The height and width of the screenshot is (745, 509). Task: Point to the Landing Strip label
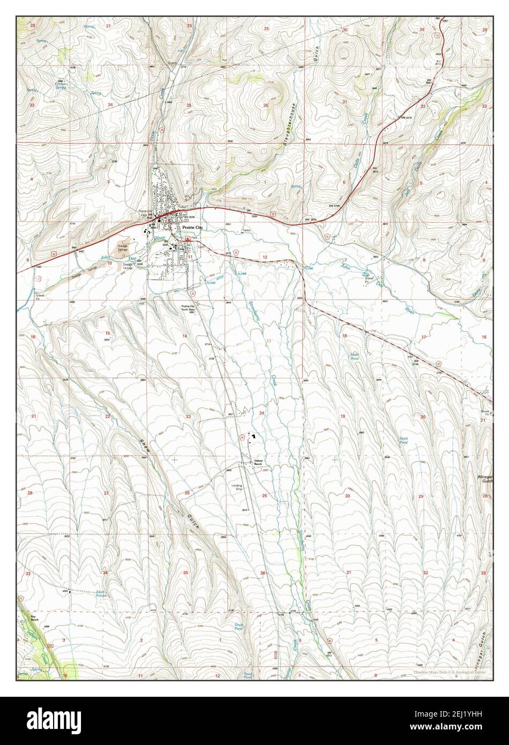[237, 487]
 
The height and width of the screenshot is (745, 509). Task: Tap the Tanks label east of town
[246, 231]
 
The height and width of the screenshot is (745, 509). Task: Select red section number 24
[262, 413]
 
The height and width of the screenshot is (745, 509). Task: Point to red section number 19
[343, 416]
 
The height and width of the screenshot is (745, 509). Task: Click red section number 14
[185, 336]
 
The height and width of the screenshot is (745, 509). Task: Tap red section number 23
[188, 416]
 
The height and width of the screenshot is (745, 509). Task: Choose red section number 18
[345, 336]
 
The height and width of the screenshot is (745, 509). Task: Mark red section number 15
[107, 333]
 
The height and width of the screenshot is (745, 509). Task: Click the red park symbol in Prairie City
[188, 240]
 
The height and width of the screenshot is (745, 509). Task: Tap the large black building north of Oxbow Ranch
[254, 437]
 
